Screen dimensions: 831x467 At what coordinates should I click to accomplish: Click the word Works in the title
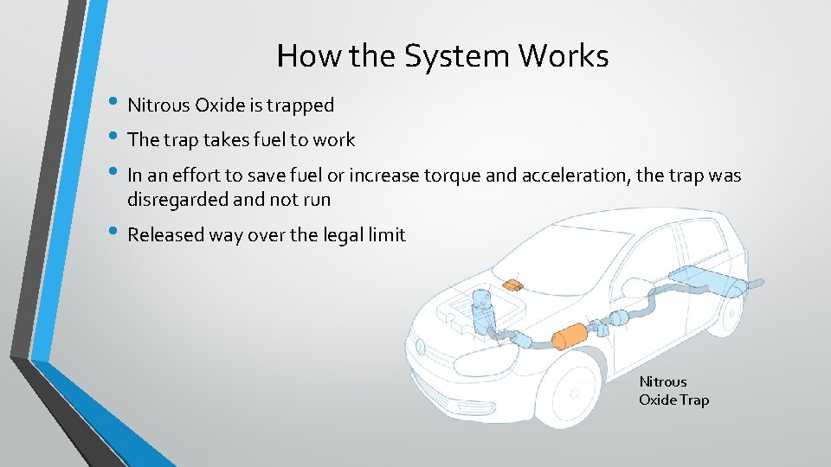point(565,57)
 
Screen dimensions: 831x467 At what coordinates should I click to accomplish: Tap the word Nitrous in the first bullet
point(159,106)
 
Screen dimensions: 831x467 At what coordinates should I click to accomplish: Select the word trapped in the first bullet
point(303,106)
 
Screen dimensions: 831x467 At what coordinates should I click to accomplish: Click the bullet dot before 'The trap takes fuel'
point(117,138)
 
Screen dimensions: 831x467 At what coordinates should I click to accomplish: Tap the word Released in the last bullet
point(165,234)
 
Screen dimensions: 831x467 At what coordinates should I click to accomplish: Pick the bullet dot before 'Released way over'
point(117,233)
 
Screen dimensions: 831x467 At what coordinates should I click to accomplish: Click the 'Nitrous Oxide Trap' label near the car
point(673,391)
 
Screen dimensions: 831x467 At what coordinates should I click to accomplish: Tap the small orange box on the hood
point(513,284)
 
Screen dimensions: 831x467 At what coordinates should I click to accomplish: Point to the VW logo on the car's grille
point(422,351)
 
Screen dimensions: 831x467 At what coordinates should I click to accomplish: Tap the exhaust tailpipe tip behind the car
point(758,283)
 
